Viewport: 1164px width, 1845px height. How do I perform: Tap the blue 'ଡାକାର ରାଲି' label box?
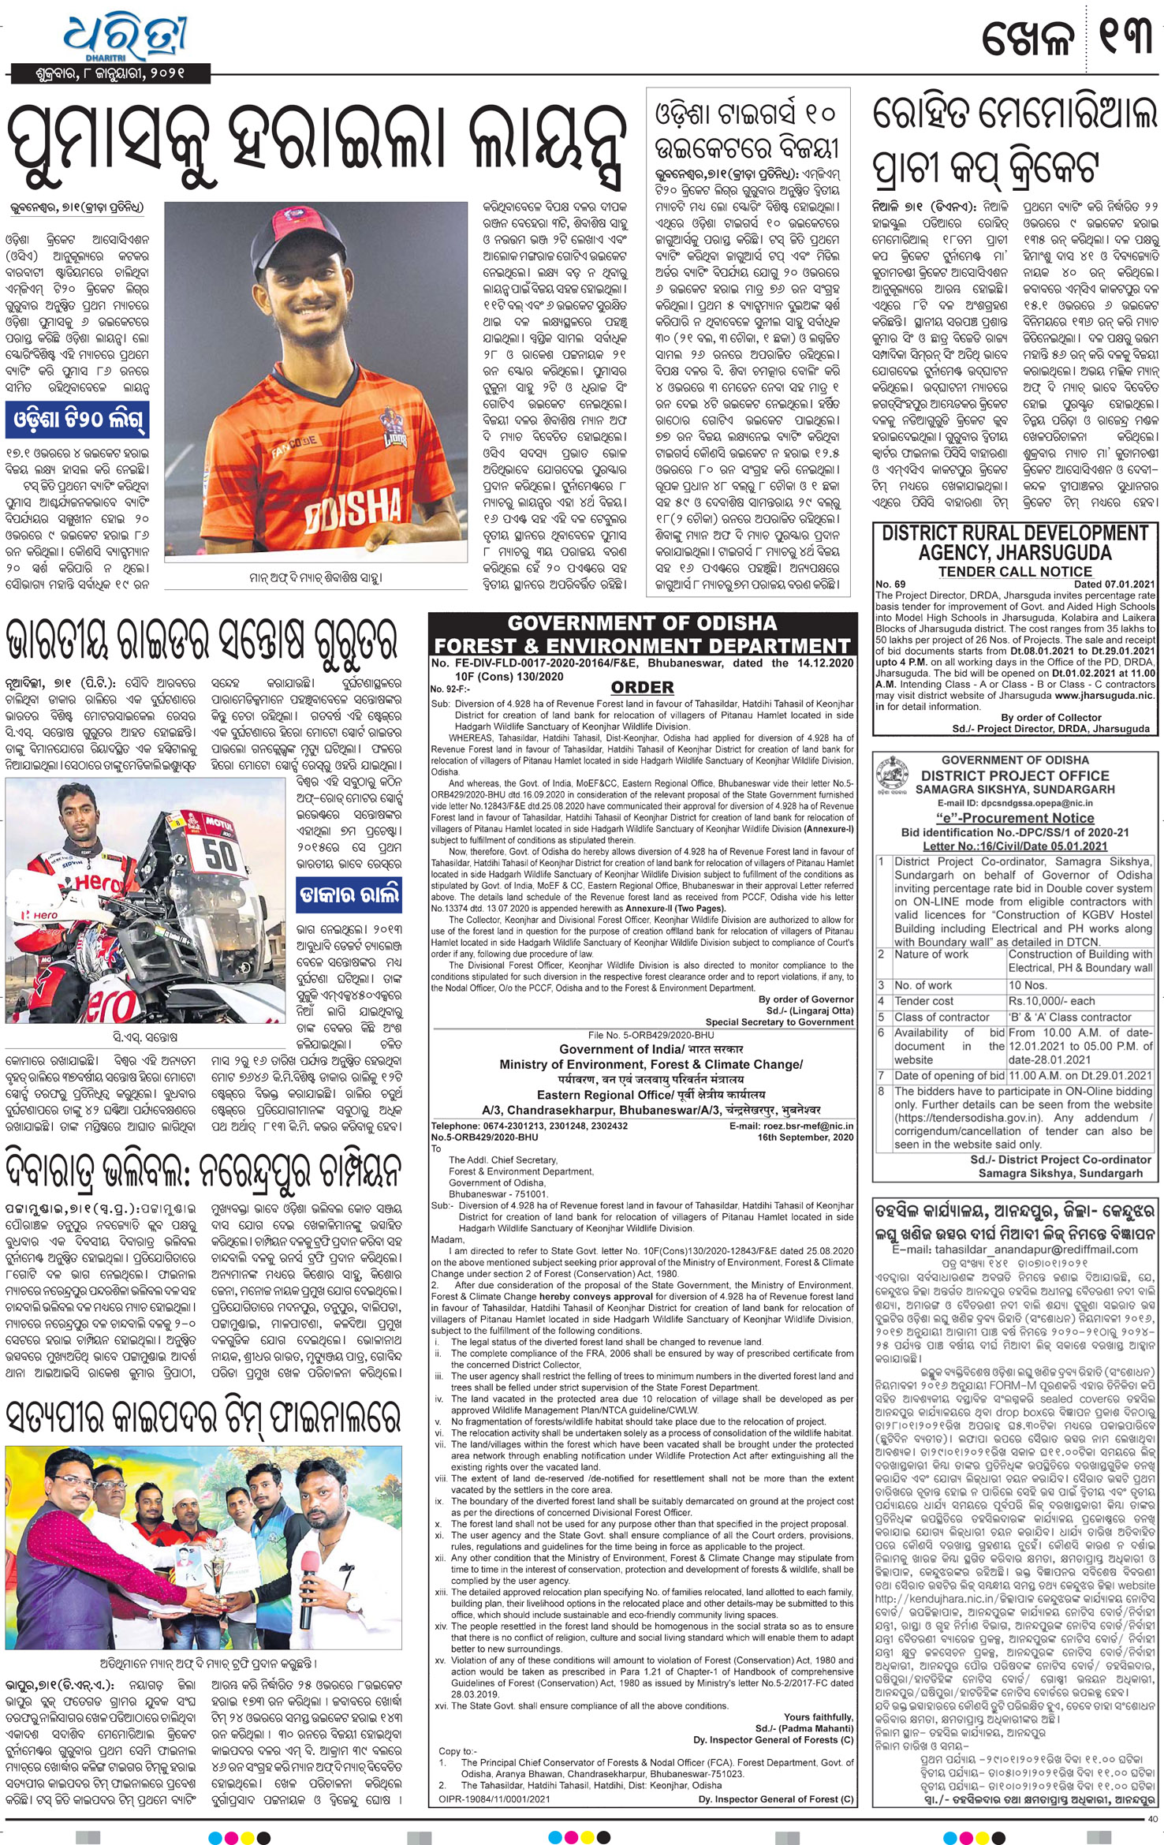pos(349,895)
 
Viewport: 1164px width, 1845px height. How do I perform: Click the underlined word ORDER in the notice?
pos(642,687)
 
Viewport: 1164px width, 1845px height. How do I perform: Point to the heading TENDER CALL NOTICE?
pos(1015,571)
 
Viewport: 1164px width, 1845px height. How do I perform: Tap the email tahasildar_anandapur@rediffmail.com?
pos(1014,1249)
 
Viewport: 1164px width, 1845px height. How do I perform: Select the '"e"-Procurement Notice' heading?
pos(1014,818)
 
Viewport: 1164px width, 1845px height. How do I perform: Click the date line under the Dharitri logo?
pos(110,74)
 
